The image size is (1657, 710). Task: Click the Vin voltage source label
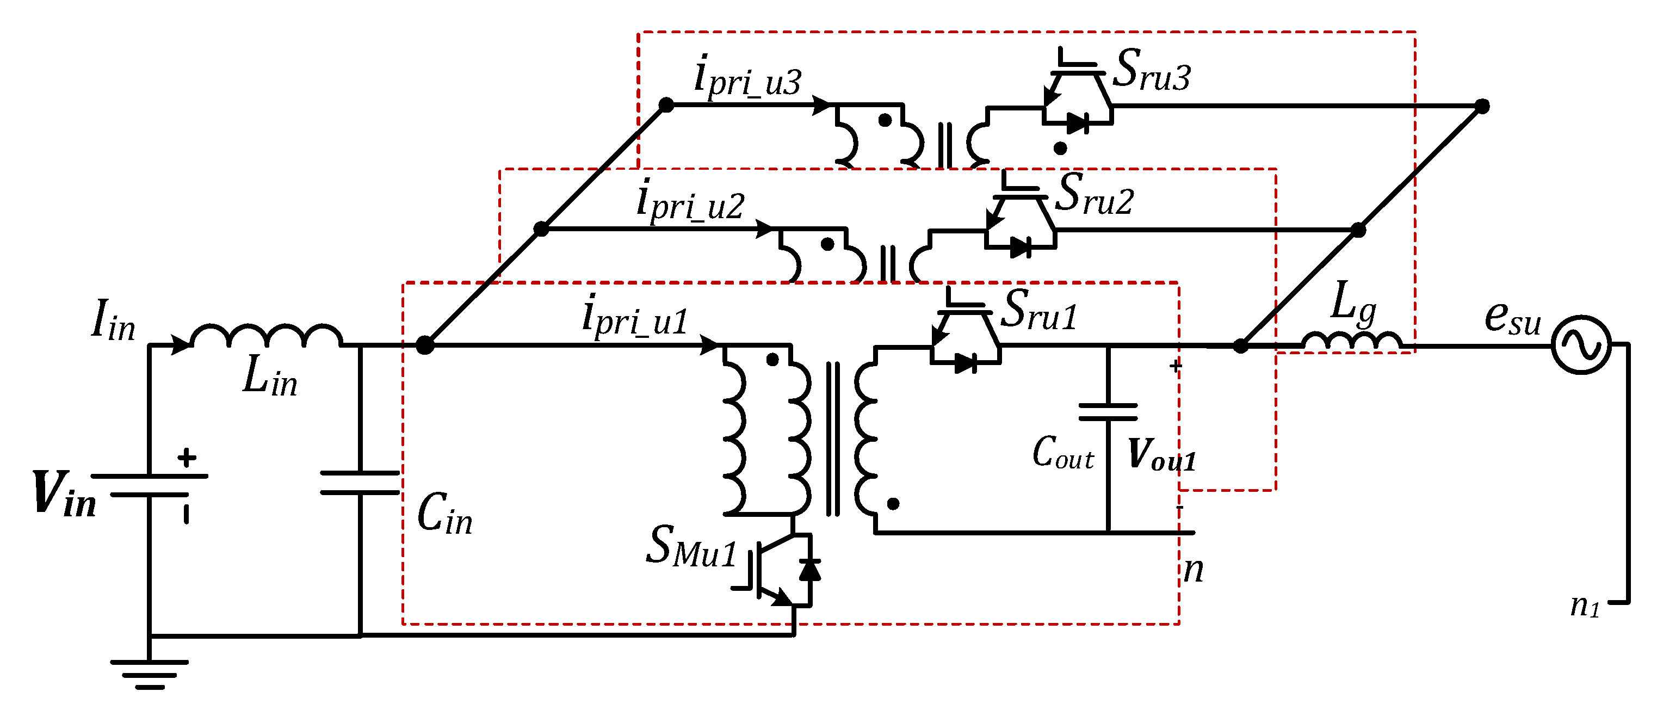[x=64, y=494]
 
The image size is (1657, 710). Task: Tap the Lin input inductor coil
[x=265, y=336]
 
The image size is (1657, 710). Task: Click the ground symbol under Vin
[x=149, y=672]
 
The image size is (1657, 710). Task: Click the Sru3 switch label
[x=1152, y=70]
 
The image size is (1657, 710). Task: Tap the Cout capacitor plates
[x=1108, y=412]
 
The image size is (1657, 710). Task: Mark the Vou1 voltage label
[x=1161, y=455]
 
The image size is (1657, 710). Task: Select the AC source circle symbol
[x=1581, y=345]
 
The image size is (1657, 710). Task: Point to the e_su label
[x=1513, y=318]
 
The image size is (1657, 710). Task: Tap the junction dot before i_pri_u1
[x=424, y=345]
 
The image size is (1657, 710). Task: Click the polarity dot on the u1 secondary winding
[x=893, y=504]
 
